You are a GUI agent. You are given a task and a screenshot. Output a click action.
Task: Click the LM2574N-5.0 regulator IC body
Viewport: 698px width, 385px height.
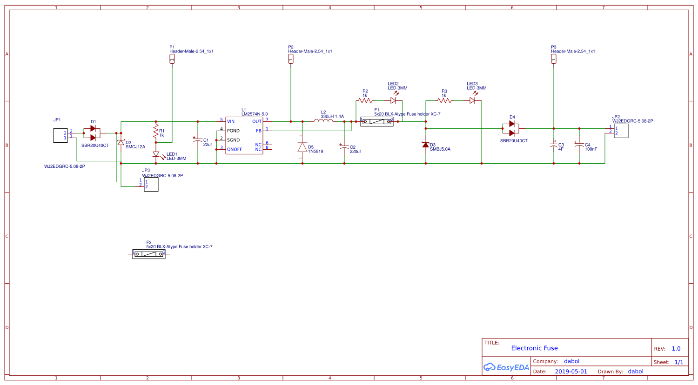pos(244,135)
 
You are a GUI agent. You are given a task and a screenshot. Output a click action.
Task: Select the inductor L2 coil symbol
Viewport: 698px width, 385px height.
pos(323,121)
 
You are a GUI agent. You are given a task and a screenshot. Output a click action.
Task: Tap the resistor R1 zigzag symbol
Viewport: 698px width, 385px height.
pos(156,131)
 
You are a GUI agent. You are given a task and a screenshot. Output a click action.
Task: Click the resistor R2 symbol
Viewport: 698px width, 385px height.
pos(365,100)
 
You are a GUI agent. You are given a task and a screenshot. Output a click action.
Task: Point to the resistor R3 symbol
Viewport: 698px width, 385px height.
pos(444,100)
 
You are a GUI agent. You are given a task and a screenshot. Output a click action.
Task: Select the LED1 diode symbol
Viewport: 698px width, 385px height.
pos(156,154)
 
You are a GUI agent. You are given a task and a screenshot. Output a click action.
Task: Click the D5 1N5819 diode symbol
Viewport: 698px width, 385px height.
pos(302,147)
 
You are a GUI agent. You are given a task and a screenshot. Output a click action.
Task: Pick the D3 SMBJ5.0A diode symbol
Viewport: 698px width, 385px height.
pos(425,145)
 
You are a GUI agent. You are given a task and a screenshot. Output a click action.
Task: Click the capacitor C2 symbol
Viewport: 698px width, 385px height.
pos(344,147)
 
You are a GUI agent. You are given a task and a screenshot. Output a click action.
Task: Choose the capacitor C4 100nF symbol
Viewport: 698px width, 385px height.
pos(579,145)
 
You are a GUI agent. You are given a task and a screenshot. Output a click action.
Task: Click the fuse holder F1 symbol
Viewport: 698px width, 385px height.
pos(377,121)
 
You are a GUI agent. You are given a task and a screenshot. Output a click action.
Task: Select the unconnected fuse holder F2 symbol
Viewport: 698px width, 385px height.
pos(149,254)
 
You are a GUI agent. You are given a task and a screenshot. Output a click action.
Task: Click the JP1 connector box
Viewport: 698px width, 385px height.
pos(60,135)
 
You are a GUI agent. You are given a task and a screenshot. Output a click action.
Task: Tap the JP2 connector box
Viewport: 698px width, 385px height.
pos(621,131)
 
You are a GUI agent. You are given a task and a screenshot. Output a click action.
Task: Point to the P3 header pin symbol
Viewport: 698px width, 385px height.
pos(554,59)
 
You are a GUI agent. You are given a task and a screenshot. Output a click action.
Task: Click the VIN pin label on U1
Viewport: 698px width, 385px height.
pos(231,121)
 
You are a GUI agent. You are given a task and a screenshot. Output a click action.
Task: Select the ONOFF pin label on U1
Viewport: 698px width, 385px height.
pos(235,149)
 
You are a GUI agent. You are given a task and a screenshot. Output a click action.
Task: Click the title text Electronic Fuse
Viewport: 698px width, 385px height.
pos(534,348)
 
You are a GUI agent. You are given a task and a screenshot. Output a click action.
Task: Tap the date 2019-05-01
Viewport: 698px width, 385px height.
pos(571,372)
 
